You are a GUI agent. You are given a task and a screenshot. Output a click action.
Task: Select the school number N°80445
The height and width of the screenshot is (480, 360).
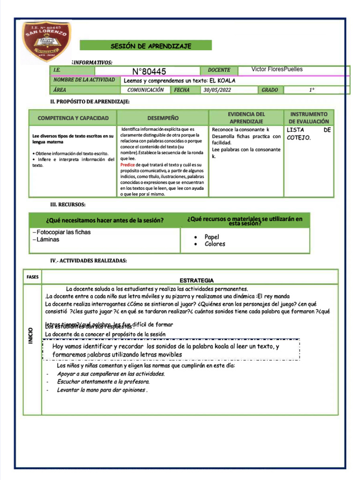click(x=149, y=71)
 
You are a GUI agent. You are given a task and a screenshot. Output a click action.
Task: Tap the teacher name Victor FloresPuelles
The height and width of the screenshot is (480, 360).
click(x=277, y=69)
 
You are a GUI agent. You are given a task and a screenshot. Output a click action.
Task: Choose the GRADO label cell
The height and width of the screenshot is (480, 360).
click(x=270, y=90)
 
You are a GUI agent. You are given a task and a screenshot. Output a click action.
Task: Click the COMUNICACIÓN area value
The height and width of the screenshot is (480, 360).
click(x=145, y=90)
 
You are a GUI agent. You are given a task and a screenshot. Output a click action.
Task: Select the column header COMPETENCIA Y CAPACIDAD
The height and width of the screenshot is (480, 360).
click(x=73, y=118)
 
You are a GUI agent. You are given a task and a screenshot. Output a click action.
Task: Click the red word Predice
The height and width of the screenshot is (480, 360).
click(x=127, y=165)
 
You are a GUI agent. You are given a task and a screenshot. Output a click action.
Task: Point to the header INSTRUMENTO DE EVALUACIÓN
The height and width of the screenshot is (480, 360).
click(x=309, y=118)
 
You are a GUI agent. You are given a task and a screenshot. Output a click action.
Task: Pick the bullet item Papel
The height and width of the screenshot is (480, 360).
click(x=212, y=237)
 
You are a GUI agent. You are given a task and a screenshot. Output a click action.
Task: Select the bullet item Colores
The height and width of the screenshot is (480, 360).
click(x=215, y=244)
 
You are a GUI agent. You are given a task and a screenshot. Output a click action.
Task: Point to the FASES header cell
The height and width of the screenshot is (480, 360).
click(x=32, y=277)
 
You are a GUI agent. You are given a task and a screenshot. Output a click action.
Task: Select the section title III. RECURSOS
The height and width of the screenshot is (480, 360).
click(x=68, y=204)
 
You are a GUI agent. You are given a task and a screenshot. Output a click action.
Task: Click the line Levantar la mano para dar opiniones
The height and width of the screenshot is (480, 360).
click(x=102, y=390)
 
